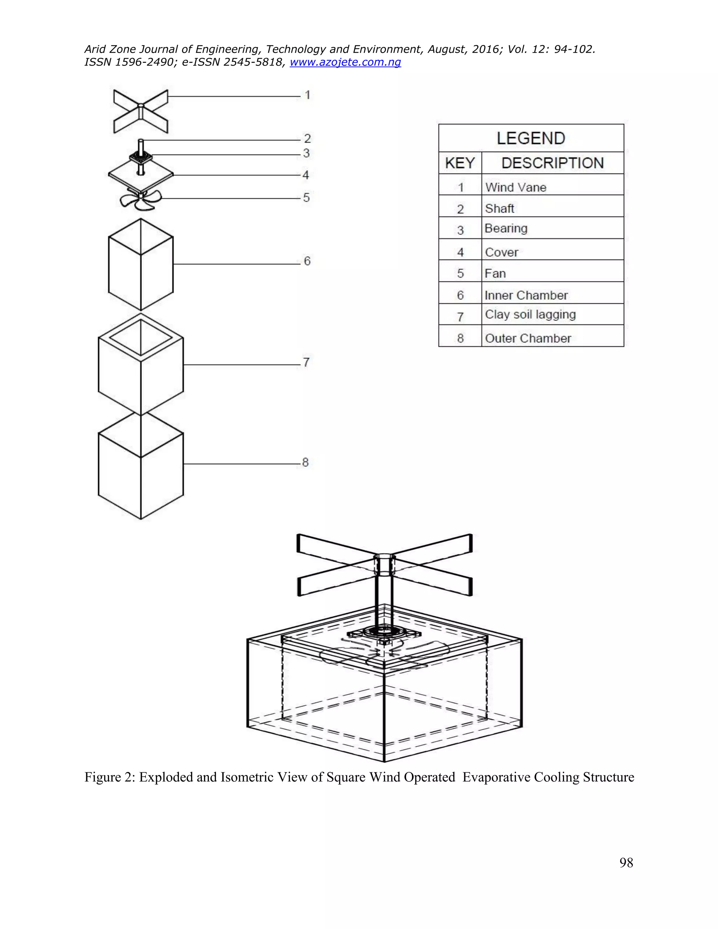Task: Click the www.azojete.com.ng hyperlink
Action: pyautogui.click(x=345, y=62)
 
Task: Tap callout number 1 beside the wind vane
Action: pyautogui.click(x=307, y=95)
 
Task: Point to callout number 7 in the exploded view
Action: pyautogui.click(x=306, y=362)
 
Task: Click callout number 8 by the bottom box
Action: pyautogui.click(x=305, y=462)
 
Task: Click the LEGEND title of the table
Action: pyautogui.click(x=531, y=138)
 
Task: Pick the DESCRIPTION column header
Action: pyautogui.click(x=552, y=163)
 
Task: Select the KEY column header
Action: pyautogui.click(x=460, y=163)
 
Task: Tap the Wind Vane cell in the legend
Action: pyautogui.click(x=515, y=187)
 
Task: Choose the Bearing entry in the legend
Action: pyautogui.click(x=506, y=229)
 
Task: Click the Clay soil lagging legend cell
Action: pyautogui.click(x=530, y=314)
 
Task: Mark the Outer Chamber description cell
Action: pyautogui.click(x=528, y=338)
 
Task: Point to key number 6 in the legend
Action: pyautogui.click(x=460, y=295)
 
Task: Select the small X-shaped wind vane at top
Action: pyautogui.click(x=141, y=111)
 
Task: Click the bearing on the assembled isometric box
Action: pyautogui.click(x=384, y=632)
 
